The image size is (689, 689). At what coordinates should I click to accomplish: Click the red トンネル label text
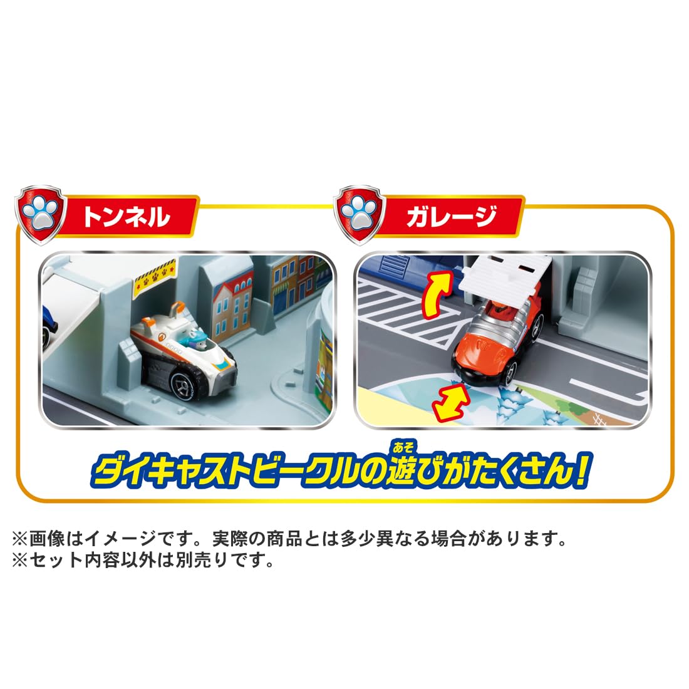tap(125, 217)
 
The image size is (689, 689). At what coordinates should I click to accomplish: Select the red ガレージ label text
tap(451, 217)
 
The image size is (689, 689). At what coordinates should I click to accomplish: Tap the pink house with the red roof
tap(233, 308)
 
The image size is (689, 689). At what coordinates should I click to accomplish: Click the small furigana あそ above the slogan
tap(403, 447)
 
